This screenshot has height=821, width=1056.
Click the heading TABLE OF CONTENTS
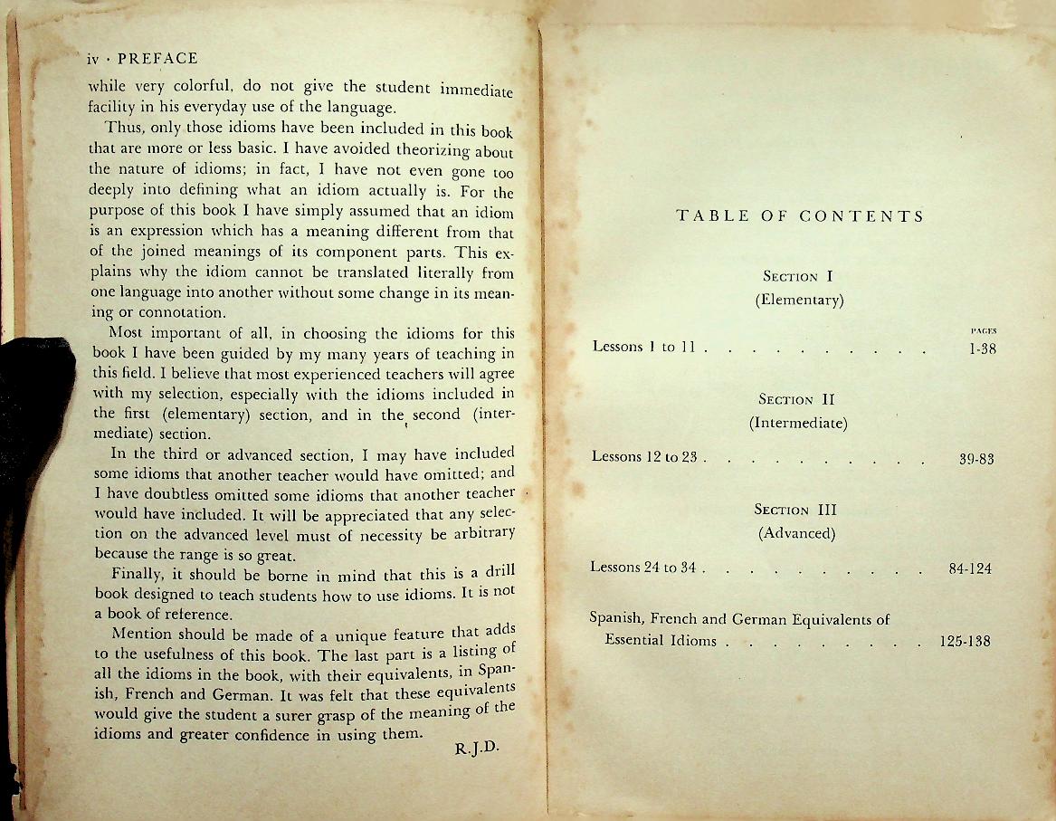coord(800,216)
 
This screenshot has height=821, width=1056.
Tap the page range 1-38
coord(982,348)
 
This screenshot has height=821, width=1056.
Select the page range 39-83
coord(976,459)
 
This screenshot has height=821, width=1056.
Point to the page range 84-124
coord(970,569)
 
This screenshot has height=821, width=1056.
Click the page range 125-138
coord(966,641)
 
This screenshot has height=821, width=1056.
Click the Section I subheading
coord(798,277)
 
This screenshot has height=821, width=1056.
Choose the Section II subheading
coord(797,399)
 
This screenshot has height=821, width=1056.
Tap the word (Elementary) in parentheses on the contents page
coord(798,301)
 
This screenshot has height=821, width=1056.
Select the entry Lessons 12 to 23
coord(642,457)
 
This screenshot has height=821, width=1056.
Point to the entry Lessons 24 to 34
coord(642,568)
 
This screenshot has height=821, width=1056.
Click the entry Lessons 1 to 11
coord(642,346)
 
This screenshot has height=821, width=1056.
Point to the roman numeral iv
coord(91,60)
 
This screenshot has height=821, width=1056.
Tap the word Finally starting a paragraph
coord(139,574)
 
